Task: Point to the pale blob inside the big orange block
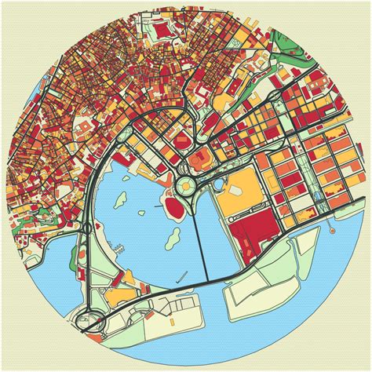tap(238, 189)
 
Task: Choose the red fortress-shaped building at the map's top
tap(162, 31)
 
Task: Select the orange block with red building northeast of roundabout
tap(200, 162)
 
